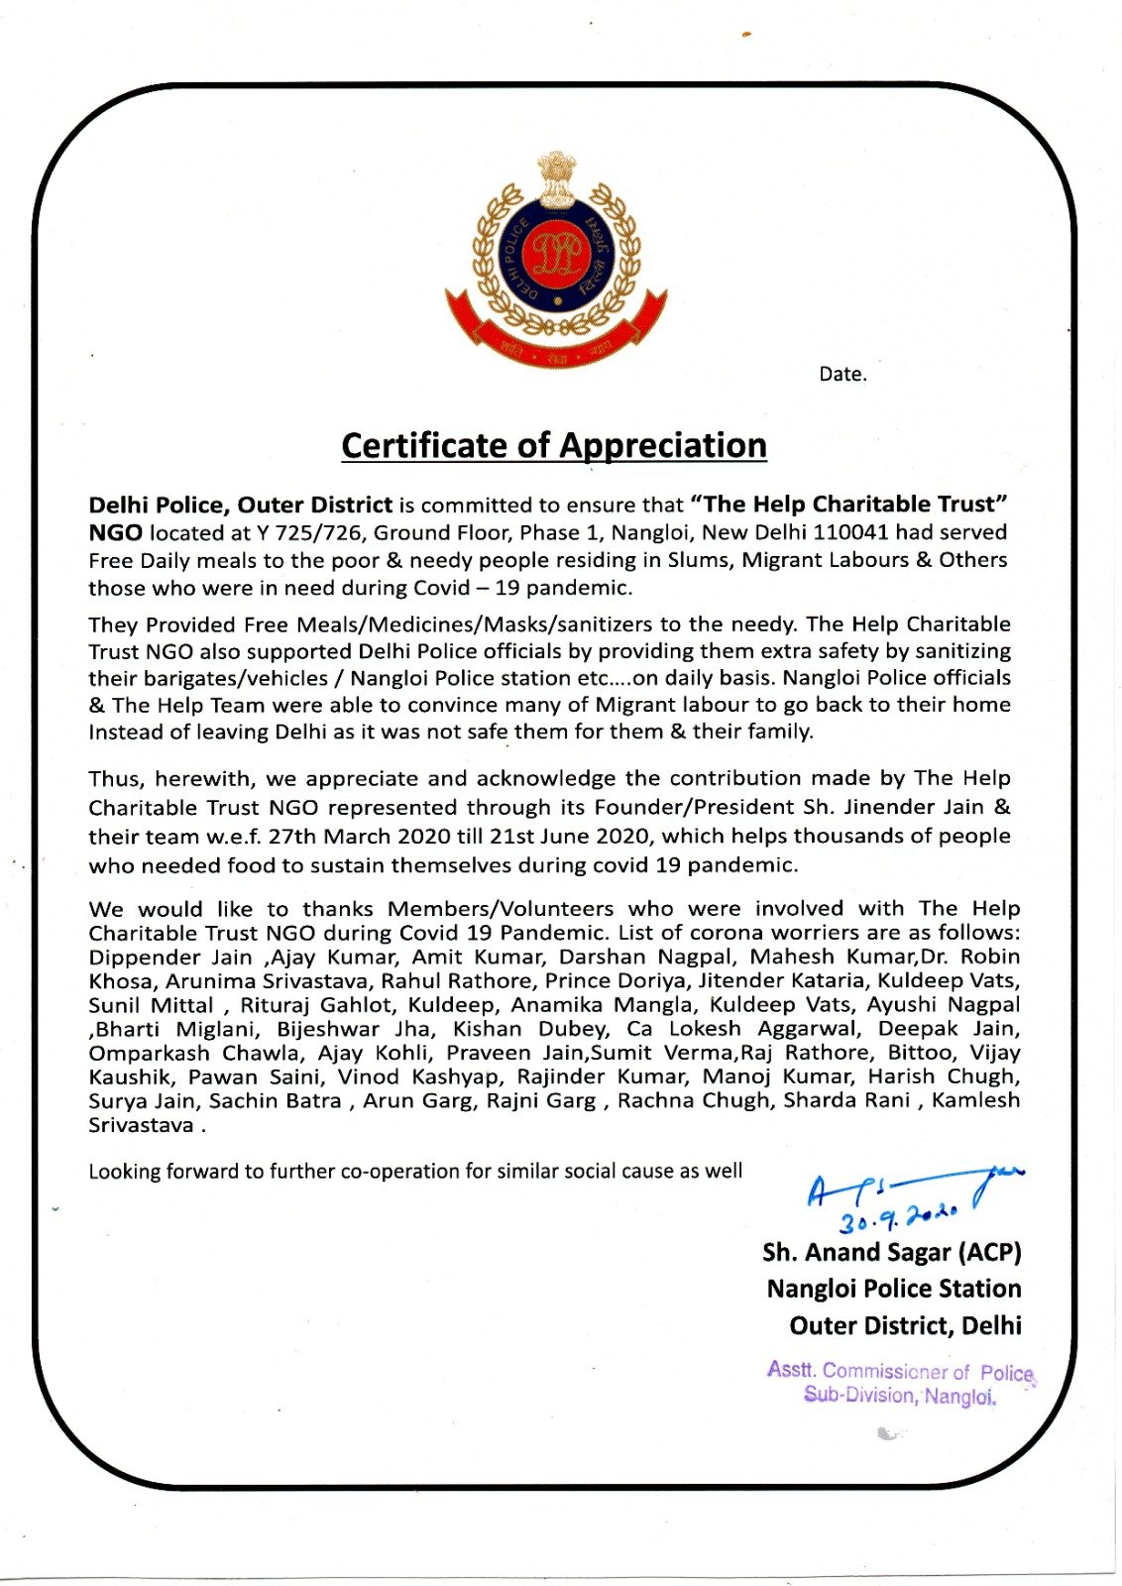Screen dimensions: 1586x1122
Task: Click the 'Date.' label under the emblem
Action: [x=842, y=375]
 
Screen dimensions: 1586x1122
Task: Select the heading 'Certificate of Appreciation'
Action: [x=554, y=446]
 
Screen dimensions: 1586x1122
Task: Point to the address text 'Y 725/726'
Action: [x=312, y=532]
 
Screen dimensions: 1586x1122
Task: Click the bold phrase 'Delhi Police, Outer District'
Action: [x=241, y=505]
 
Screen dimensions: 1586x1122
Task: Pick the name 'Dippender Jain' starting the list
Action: [x=170, y=957]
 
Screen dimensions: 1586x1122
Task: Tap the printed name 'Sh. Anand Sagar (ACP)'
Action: [x=891, y=1252]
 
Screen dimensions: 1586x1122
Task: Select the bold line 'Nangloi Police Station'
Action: [x=893, y=1289]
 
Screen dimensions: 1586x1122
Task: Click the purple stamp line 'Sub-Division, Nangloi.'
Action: [x=899, y=1396]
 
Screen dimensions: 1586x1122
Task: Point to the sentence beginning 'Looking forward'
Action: [x=415, y=1171]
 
